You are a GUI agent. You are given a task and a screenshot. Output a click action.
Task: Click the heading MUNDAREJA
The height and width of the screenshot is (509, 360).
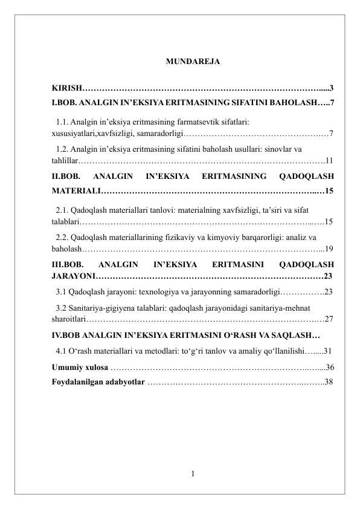click(192, 62)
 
